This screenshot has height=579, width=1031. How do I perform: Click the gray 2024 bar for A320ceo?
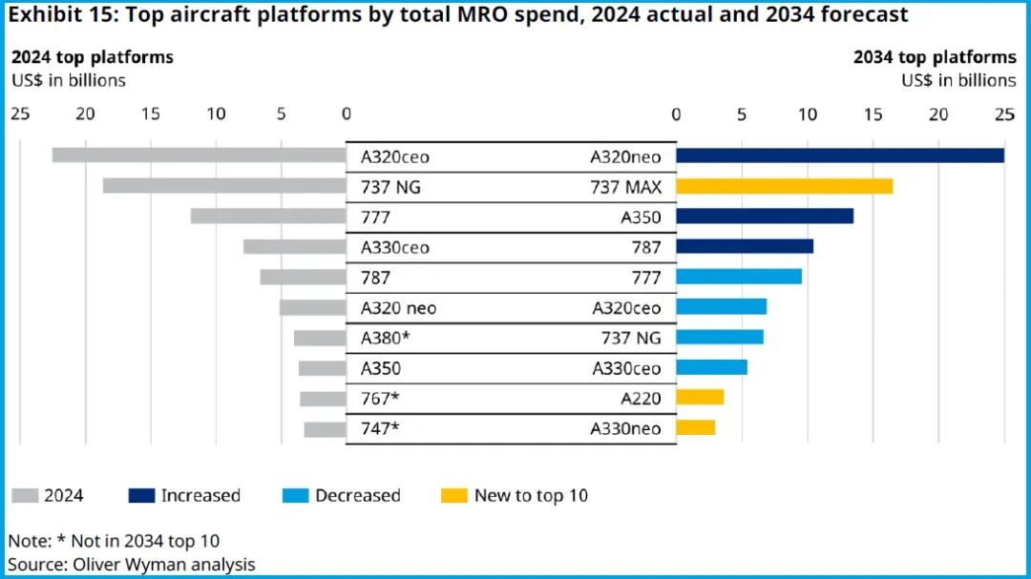(199, 155)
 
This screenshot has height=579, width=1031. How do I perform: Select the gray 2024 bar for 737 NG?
(224, 186)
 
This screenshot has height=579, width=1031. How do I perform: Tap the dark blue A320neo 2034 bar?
(840, 155)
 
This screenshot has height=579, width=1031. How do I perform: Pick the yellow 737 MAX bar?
(785, 186)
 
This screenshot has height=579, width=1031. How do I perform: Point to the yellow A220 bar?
(700, 397)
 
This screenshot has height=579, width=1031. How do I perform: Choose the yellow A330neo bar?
(696, 427)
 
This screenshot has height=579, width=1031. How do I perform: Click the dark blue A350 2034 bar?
(765, 217)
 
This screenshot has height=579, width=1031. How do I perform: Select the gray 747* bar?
(325, 429)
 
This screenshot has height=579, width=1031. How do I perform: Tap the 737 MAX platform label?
(625, 187)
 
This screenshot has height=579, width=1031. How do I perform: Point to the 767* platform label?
(380, 399)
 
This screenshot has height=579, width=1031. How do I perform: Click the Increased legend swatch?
(140, 495)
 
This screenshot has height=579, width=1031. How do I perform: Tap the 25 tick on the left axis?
(19, 114)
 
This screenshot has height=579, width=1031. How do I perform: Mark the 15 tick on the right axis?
(873, 114)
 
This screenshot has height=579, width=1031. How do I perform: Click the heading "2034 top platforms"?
(935, 57)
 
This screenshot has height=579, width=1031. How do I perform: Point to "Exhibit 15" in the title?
(59, 15)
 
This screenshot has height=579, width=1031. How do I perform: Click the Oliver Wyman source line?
(132, 564)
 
